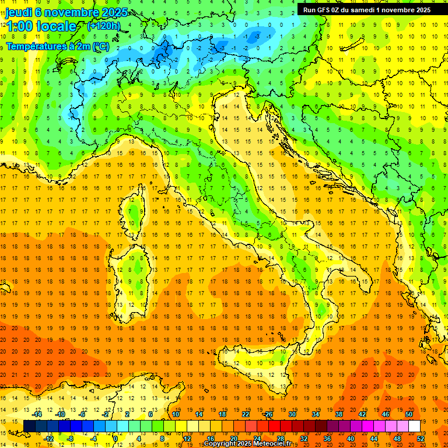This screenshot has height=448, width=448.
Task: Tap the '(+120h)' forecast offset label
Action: [103, 26]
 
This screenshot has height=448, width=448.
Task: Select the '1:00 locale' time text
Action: [41, 26]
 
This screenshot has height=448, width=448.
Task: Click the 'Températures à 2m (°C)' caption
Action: [57, 45]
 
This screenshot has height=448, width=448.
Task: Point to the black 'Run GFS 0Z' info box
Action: [367, 9]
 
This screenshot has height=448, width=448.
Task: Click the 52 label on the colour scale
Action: [421, 438]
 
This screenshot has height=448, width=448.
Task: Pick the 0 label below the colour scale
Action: [115, 438]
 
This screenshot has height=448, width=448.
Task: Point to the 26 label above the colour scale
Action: [268, 414]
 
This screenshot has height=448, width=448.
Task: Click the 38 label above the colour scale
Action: [338, 414]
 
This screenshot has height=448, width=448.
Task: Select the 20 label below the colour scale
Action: [233, 438]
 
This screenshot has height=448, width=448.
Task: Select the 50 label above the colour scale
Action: [409, 414]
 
